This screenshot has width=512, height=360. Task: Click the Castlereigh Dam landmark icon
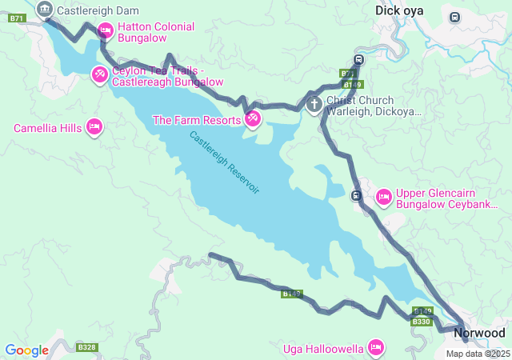pyautogui.click(x=44, y=10)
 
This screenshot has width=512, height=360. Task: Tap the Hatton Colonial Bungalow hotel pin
pyautogui.click(x=105, y=31)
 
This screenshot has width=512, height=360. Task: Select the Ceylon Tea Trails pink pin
pyautogui.click(x=99, y=75)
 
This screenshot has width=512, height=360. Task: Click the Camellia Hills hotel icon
pyautogui.click(x=94, y=127)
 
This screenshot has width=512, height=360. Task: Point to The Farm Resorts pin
pyautogui.click(x=252, y=119)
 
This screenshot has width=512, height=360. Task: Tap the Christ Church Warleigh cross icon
pyautogui.click(x=314, y=104)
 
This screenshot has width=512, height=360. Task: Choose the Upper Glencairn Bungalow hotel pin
pyautogui.click(x=383, y=196)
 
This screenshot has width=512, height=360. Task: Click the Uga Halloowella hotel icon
pyautogui.click(x=375, y=347)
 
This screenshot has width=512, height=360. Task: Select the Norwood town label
pyautogui.click(x=480, y=332)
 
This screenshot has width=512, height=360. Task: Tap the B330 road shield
pyautogui.click(x=422, y=321)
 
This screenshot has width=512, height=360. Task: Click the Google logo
pyautogui.click(x=26, y=350)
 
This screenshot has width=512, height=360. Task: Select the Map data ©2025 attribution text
pyautogui.click(x=477, y=354)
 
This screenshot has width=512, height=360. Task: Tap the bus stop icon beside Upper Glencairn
pyautogui.click(x=357, y=195)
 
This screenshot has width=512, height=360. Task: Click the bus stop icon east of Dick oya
pyautogui.click(x=455, y=17)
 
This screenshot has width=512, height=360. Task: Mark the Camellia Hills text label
pyautogui.click(x=48, y=128)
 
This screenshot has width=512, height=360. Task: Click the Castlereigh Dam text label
pyautogui.click(x=98, y=10)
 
